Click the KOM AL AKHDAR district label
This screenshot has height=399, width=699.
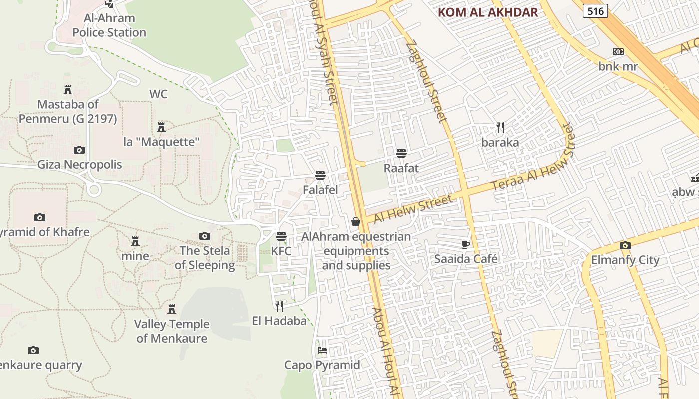488,13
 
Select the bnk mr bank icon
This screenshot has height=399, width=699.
618,52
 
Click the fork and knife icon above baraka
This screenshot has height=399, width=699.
500,128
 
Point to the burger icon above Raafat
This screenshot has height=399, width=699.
401,153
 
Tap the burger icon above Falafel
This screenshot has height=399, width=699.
320,175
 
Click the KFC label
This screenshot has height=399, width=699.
281,251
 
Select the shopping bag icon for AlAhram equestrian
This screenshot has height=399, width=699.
356,222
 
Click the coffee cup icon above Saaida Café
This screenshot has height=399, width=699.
466,244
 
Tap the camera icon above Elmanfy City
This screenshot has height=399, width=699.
625,245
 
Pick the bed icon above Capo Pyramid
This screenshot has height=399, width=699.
322,350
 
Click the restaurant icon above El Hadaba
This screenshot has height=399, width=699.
279,306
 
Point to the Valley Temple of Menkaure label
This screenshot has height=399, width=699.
172,331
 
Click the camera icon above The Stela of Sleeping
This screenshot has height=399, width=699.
204,236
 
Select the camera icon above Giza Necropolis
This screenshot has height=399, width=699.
79,150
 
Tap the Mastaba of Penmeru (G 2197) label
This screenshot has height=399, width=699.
68,112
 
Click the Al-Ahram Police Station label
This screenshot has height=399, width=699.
109,25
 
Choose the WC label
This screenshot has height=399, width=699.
158,94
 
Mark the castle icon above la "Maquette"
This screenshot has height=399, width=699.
161,127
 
